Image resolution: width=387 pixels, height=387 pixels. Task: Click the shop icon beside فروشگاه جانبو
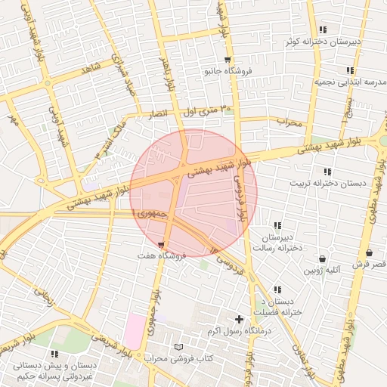228,60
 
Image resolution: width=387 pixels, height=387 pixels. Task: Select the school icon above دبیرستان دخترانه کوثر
323,29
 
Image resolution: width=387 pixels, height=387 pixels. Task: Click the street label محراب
289,121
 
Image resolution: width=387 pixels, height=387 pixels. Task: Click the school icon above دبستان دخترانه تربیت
327,172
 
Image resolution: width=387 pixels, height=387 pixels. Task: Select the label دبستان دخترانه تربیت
327,184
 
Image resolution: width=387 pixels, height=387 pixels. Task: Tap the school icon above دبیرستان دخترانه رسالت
278,225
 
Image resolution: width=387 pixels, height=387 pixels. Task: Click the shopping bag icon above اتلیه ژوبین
323,259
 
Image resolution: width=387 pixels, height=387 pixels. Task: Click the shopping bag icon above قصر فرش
369,252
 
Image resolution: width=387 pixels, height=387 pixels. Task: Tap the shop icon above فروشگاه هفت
161,245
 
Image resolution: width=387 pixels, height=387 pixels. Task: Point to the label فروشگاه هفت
161,257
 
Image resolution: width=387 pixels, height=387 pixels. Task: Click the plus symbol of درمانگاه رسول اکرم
240,320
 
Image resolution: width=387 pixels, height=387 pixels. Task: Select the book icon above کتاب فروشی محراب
178,347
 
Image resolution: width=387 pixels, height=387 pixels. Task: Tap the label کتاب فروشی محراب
178,358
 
